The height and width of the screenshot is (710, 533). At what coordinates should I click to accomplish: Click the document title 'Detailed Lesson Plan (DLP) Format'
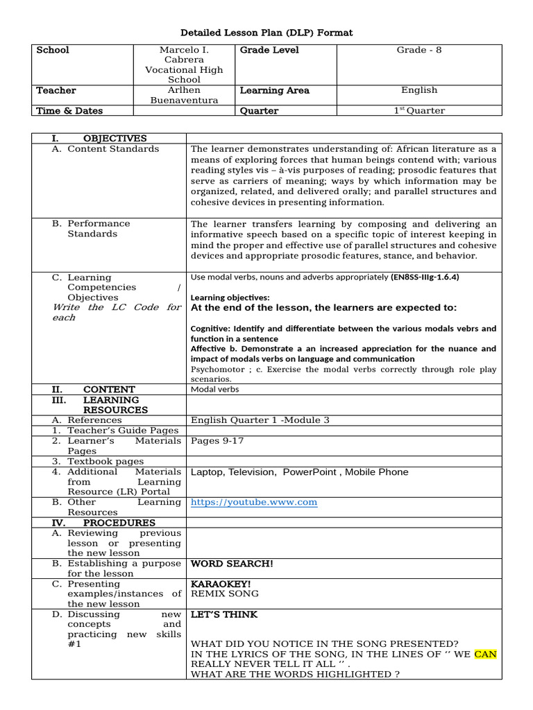coord(266,33)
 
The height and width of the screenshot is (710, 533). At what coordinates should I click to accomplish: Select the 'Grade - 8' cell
coord(418,50)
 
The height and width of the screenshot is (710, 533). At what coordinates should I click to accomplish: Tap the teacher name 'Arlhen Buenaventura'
coord(184,95)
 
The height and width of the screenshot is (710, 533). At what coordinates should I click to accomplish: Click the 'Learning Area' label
coord(274,90)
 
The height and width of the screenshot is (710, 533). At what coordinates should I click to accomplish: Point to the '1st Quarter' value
coord(418,110)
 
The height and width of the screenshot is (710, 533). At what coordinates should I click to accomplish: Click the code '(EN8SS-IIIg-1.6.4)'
coord(425,277)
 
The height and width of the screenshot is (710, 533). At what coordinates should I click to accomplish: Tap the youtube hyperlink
coord(253,502)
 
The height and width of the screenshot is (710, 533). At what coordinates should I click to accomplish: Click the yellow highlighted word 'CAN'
coord(485,654)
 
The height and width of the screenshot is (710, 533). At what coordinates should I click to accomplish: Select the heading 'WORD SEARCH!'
coord(232,564)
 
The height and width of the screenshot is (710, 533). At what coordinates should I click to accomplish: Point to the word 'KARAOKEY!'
coord(221,584)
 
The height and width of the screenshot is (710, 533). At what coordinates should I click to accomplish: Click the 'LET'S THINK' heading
coord(223,614)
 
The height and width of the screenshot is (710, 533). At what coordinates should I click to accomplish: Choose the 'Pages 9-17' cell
coord(217,441)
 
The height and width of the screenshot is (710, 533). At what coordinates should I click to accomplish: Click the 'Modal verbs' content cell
coord(214,390)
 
